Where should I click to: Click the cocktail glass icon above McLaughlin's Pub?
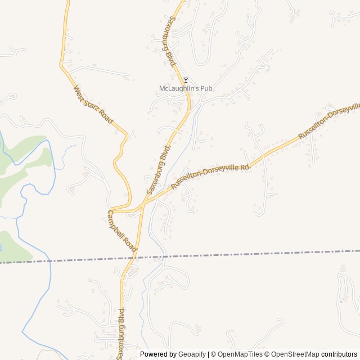click(x=186, y=80)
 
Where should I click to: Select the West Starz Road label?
click(x=93, y=105)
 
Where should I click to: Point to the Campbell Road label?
click(x=123, y=231)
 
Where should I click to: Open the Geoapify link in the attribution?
click(x=192, y=354)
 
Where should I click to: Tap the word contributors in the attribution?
click(x=339, y=354)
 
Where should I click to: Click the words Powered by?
click(x=157, y=354)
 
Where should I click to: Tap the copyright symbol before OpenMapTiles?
click(x=214, y=354)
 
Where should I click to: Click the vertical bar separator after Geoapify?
click(x=208, y=354)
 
